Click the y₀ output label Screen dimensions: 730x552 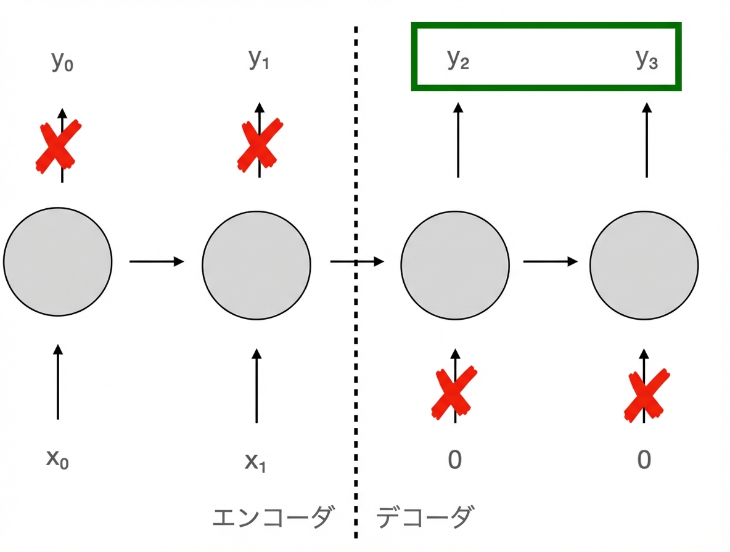point(62,61)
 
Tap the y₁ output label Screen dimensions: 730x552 point(259,59)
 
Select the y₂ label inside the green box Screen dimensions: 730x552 point(457,59)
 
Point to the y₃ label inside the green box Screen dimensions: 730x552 point(647,59)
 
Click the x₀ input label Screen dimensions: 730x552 point(57,459)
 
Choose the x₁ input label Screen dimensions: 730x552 point(256,462)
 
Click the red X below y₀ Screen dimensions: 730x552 point(58,147)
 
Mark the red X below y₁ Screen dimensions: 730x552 point(260,145)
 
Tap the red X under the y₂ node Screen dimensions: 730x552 point(454,393)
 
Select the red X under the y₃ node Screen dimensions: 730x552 point(647,396)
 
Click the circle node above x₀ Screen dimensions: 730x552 point(58,262)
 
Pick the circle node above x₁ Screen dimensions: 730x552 point(256,266)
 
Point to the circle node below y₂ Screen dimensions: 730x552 point(455,266)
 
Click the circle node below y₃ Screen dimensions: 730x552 point(644,266)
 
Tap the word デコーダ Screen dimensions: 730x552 point(425,517)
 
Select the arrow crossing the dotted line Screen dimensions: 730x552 point(357,262)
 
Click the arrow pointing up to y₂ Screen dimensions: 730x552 point(458,140)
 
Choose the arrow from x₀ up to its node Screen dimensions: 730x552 point(58,382)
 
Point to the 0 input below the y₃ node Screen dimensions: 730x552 point(644,460)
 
